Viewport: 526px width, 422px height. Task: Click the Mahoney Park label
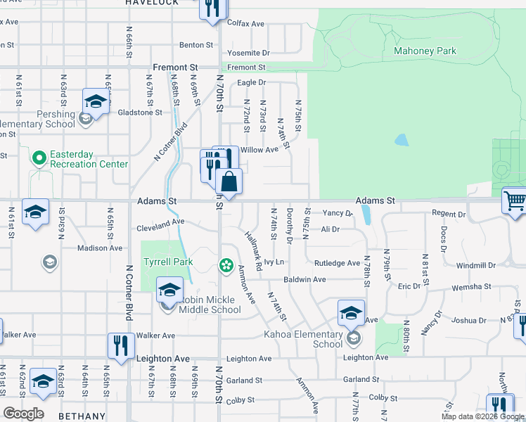click(x=425, y=51)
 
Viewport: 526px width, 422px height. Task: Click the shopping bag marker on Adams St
click(x=229, y=182)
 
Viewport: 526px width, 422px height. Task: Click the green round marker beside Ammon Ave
click(x=226, y=265)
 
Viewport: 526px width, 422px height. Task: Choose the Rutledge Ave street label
click(x=337, y=263)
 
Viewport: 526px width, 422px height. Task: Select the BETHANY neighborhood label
click(x=81, y=416)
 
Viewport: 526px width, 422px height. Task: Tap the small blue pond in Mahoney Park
click(x=401, y=139)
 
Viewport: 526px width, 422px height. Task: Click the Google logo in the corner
click(x=23, y=414)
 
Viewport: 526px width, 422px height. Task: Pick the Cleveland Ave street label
click(x=160, y=222)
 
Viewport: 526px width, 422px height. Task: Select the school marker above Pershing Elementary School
click(x=95, y=101)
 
